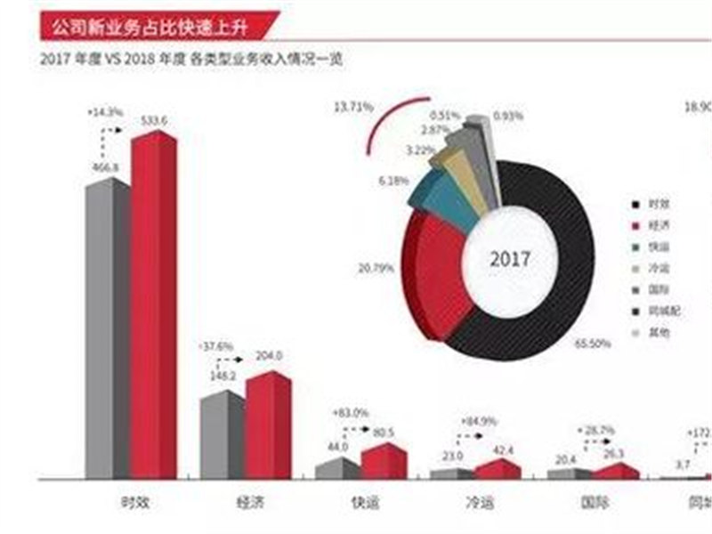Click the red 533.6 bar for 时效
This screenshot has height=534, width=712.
154,307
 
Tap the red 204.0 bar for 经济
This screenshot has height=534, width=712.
268,427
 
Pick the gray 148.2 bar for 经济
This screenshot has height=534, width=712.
222,436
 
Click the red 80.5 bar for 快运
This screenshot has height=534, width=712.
384,462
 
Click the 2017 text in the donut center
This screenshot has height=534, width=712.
510,260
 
